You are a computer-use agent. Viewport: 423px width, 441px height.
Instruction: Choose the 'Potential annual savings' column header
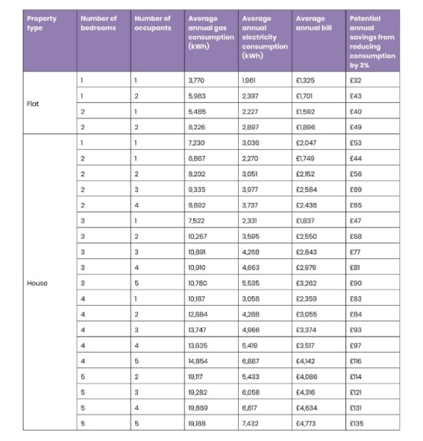(x=373, y=40)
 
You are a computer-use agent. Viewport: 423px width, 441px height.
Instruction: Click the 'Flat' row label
(x=34, y=104)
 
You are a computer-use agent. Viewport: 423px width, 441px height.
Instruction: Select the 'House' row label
(x=37, y=282)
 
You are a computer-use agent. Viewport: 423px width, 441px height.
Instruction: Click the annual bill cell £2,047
(x=305, y=142)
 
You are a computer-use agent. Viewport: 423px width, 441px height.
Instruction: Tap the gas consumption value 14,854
(x=199, y=359)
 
